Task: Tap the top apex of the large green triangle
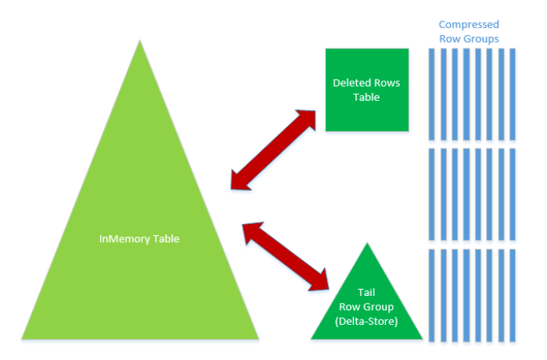tap(140, 44)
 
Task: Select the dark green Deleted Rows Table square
tap(366, 90)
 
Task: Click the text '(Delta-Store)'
tap(366, 320)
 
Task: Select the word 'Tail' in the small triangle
tap(366, 292)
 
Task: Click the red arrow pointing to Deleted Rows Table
tap(273, 148)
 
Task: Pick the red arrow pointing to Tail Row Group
tap(285, 255)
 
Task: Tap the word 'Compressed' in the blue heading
tap(468, 25)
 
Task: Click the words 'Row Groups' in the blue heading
tap(468, 38)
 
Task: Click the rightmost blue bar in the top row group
tap(513, 94)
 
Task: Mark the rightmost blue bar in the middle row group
tap(513, 194)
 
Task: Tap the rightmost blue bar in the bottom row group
tap(513, 295)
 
